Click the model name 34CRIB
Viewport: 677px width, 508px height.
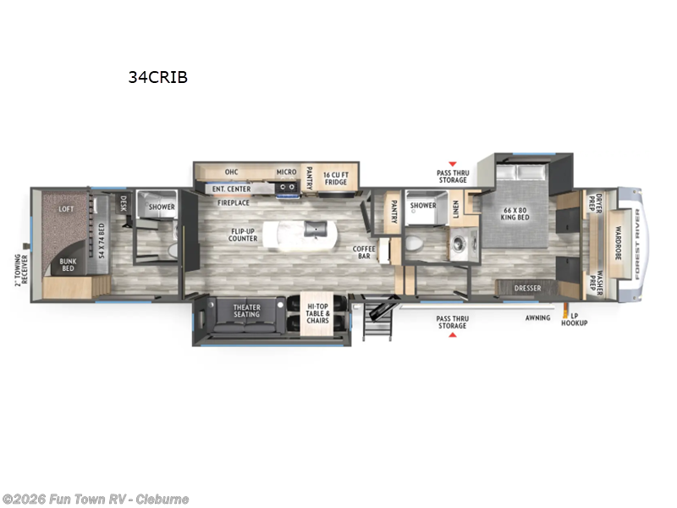point(157,77)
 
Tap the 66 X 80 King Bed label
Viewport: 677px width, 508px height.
point(516,214)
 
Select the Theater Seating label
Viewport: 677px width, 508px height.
point(247,310)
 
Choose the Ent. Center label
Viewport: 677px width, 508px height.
point(231,188)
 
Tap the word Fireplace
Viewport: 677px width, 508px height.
point(234,203)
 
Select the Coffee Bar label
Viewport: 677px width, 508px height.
point(365,252)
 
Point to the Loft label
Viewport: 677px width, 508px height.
point(68,208)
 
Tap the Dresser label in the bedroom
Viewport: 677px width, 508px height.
point(527,289)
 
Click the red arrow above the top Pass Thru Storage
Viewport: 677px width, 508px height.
point(452,163)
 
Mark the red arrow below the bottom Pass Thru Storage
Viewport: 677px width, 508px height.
point(452,335)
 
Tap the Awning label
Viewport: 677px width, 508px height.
point(537,317)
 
